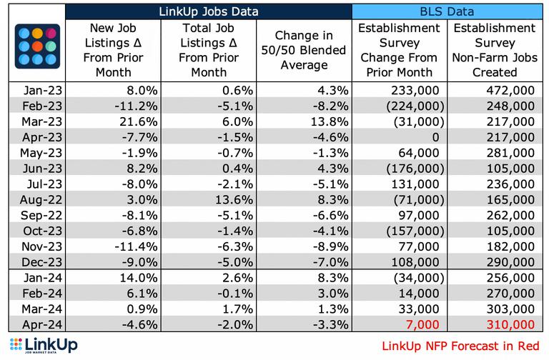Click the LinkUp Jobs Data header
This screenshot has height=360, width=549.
click(x=209, y=11)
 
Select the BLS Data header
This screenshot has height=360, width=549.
click(x=447, y=11)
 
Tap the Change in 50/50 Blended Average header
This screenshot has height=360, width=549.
click(x=304, y=50)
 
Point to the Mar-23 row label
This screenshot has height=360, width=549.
click(x=41, y=121)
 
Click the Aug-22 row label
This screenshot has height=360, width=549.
click(x=41, y=200)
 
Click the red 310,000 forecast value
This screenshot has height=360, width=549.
click(x=510, y=324)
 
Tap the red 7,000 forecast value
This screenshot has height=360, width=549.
click(x=422, y=324)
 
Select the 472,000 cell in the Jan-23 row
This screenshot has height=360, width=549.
click(x=510, y=90)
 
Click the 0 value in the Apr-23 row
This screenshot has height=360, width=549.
click(x=435, y=137)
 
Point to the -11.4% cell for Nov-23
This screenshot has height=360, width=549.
click(x=136, y=246)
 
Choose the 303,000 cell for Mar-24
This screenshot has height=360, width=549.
click(x=510, y=309)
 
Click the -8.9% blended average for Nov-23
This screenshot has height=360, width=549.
click(x=330, y=246)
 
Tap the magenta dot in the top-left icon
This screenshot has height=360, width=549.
click(x=51, y=34)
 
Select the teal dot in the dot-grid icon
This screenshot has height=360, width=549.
click(x=51, y=46)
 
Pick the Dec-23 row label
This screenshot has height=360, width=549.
click(x=41, y=262)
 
